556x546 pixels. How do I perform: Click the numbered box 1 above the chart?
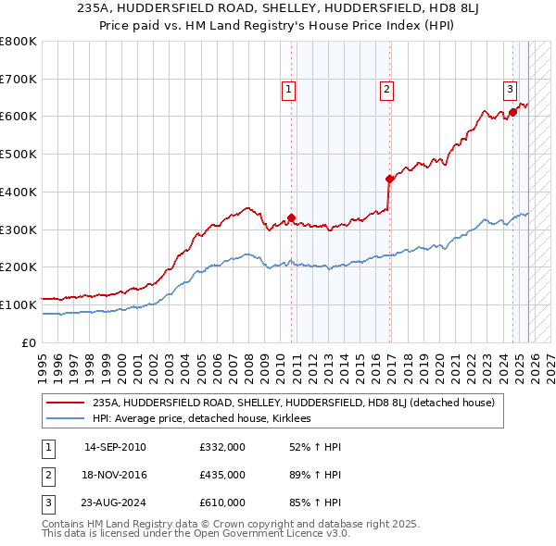tap(289, 90)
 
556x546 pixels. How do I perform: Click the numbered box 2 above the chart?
tap(385, 90)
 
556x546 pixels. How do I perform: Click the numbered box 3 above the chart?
tap(510, 90)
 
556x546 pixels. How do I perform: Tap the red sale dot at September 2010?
tap(291, 218)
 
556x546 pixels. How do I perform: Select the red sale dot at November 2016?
tap(389, 180)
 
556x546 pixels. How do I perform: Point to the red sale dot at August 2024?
tap(512, 113)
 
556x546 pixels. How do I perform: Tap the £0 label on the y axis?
tap(30, 342)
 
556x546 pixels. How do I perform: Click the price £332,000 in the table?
tap(221, 447)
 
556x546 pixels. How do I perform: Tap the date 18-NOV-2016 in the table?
tap(115, 475)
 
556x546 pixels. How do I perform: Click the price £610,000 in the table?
tap(221, 503)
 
